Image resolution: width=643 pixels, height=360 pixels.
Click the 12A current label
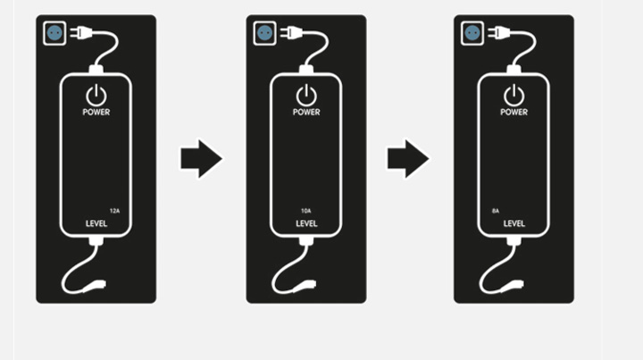(114, 211)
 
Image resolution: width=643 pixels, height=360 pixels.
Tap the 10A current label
(306, 211)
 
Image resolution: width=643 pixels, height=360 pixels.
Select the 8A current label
(496, 211)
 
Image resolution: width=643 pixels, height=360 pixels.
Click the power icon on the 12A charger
(96, 96)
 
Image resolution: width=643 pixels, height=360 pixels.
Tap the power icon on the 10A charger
(306, 96)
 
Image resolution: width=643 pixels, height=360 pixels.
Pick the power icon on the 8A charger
(514, 96)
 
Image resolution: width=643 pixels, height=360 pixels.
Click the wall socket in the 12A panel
(54, 33)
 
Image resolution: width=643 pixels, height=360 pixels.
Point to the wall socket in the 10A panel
(265, 33)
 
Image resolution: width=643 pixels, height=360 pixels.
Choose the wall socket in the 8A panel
(472, 33)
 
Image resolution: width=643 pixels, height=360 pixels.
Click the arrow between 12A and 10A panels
(201, 159)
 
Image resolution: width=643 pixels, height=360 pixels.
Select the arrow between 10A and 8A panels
(408, 159)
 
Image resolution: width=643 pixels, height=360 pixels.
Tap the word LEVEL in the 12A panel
(96, 224)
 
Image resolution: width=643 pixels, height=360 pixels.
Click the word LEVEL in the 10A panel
(306, 224)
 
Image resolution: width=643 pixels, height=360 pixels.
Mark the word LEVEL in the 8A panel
(514, 224)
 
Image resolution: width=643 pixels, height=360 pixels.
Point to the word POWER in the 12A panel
(96, 113)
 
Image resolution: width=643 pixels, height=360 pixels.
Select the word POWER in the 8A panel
(514, 113)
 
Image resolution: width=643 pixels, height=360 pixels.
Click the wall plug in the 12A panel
(81, 33)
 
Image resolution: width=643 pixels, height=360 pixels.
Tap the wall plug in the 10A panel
(291, 33)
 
